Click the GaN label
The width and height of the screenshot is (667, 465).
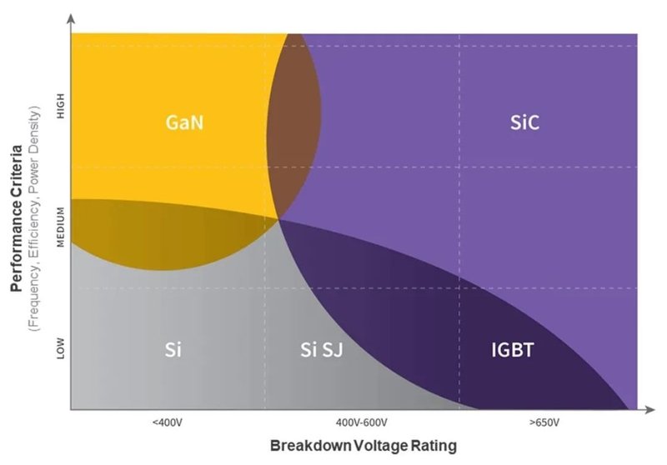[185, 123]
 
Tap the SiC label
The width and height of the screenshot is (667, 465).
[525, 123]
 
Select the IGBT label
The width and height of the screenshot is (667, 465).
[512, 349]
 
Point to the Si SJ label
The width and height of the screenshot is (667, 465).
[322, 349]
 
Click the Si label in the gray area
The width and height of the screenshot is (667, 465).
[172, 349]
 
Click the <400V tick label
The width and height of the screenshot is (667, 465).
[167, 422]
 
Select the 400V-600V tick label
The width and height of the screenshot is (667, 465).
[360, 422]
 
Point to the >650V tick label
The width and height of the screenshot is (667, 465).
[544, 422]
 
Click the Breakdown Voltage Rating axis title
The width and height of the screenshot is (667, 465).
[363, 445]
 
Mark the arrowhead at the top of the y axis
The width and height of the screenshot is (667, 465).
[71, 17]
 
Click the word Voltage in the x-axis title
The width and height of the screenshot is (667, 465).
[369, 445]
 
